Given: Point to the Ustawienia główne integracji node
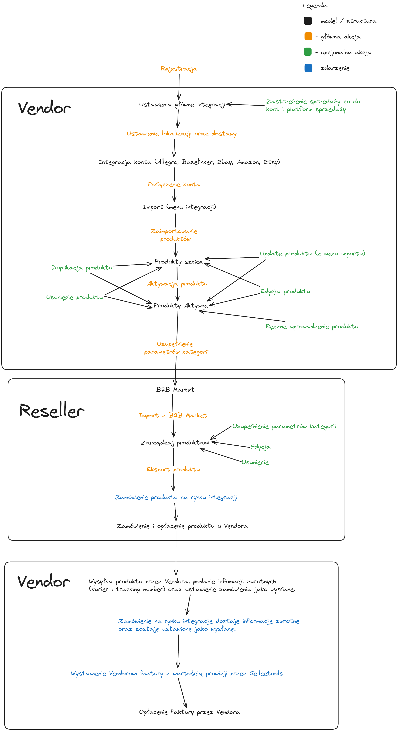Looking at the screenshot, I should pos(182,105).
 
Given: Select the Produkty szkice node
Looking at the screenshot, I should pos(178,262).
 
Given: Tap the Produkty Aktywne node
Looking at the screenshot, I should pos(180,306).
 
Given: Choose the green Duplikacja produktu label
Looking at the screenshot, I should pos(82,268).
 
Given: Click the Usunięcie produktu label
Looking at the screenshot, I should pos(75,297).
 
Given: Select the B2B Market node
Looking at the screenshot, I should pos(175,390).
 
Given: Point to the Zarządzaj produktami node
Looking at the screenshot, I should pos(175,443).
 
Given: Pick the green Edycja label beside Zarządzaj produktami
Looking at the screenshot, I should pos(260,447).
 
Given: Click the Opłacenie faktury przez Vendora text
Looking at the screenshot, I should pos(189,712).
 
